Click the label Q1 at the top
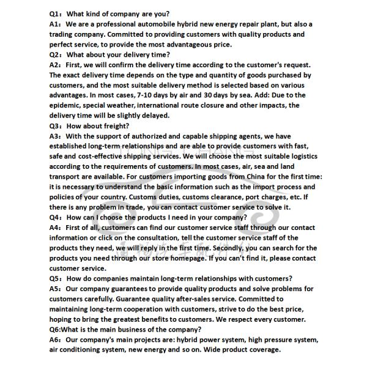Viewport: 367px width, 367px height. (x=55, y=14)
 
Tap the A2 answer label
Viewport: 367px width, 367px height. (x=55, y=65)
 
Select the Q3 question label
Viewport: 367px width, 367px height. (x=55, y=126)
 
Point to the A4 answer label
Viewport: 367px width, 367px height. (x=55, y=228)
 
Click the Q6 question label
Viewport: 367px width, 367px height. (x=56, y=329)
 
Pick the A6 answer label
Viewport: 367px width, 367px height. (x=55, y=339)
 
